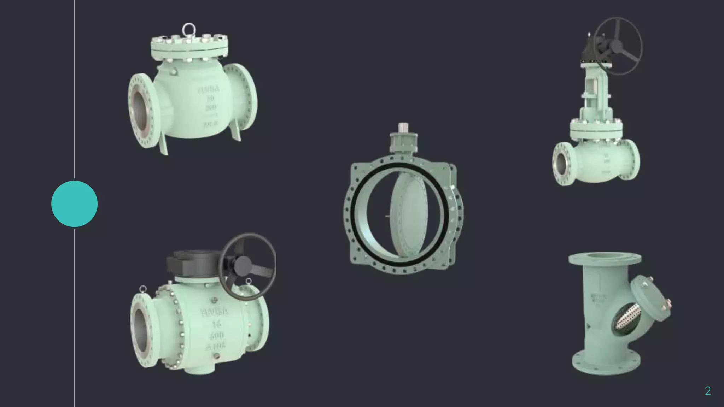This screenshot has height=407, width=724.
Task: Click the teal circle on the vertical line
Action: [x=74, y=204]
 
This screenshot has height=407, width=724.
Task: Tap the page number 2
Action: [x=707, y=390]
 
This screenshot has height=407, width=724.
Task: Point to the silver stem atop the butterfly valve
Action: [x=403, y=127]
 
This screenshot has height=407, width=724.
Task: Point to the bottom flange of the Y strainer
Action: [x=606, y=364]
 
